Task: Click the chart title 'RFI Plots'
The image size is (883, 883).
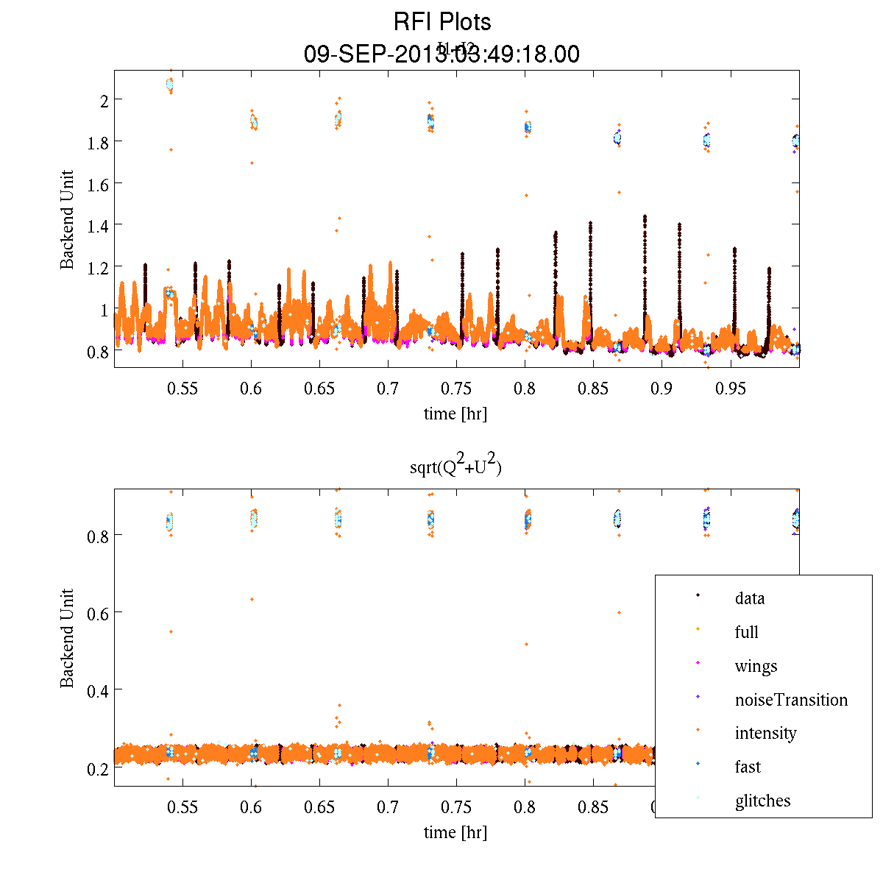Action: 441,21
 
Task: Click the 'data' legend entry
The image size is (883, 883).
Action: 749,598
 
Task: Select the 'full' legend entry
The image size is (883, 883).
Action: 746,632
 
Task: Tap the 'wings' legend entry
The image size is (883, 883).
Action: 756,666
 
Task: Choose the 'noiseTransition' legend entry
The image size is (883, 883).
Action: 791,700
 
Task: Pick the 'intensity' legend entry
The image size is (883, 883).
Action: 765,733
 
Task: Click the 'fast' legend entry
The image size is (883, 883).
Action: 748,767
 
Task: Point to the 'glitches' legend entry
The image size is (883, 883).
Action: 762,801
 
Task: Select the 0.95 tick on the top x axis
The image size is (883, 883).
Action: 731,389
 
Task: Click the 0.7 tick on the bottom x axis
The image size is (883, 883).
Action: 388,808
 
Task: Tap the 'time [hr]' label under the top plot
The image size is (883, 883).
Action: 455,414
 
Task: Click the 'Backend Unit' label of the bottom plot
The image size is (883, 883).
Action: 68,638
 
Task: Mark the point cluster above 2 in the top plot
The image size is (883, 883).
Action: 170,85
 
